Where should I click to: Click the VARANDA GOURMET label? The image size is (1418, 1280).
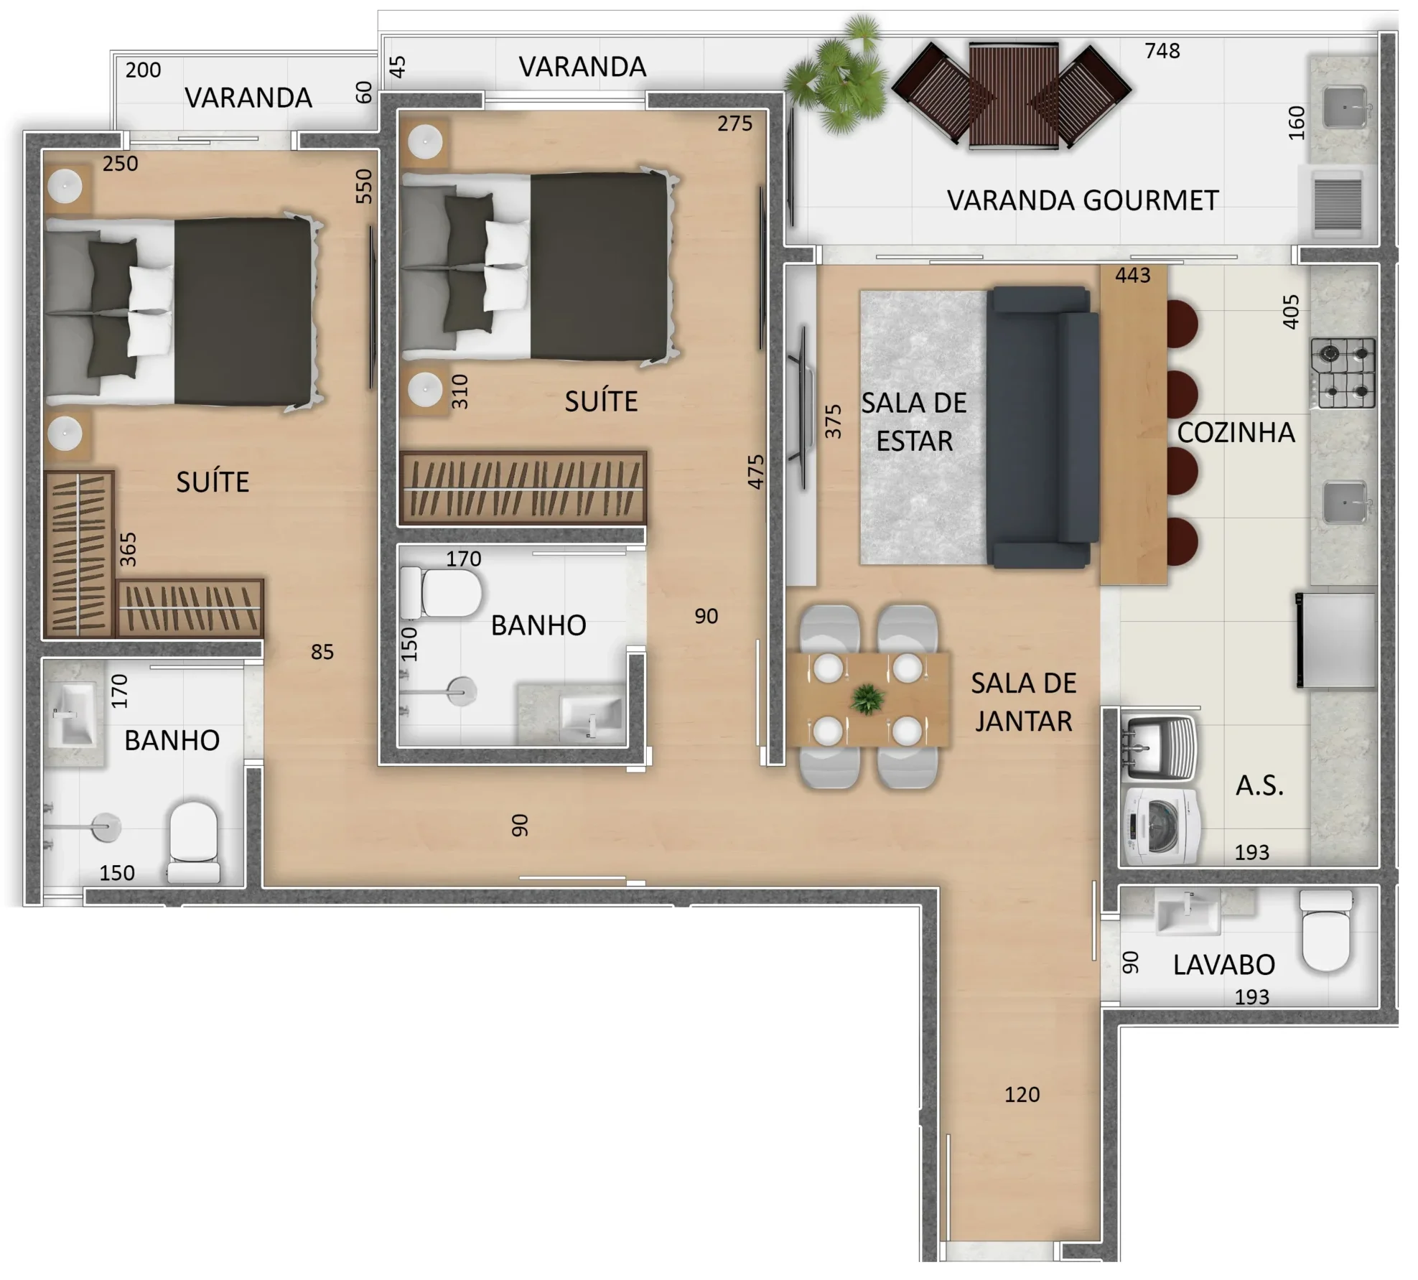tap(1083, 201)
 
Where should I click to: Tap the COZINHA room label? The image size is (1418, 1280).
tap(1236, 432)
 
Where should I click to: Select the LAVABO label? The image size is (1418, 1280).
tap(1224, 965)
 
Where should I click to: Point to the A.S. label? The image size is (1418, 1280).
tap(1259, 785)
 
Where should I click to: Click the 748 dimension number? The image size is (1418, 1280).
tap(1162, 51)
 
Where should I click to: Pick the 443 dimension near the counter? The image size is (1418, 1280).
tap(1132, 275)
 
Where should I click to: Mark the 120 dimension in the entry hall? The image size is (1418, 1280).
tap(1022, 1094)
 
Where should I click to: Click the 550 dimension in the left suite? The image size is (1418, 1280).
tap(365, 186)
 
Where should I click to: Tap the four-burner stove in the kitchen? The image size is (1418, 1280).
tap(1343, 373)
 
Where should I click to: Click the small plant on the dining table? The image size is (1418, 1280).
tap(867, 699)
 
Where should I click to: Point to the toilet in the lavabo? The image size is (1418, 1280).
tap(1326, 930)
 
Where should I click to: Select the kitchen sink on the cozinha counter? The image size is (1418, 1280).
tap(1345, 502)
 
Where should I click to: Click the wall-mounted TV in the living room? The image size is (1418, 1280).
tap(802, 408)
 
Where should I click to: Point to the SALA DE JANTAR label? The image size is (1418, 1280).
tap(1023, 702)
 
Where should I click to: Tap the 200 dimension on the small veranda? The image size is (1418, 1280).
tap(143, 70)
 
